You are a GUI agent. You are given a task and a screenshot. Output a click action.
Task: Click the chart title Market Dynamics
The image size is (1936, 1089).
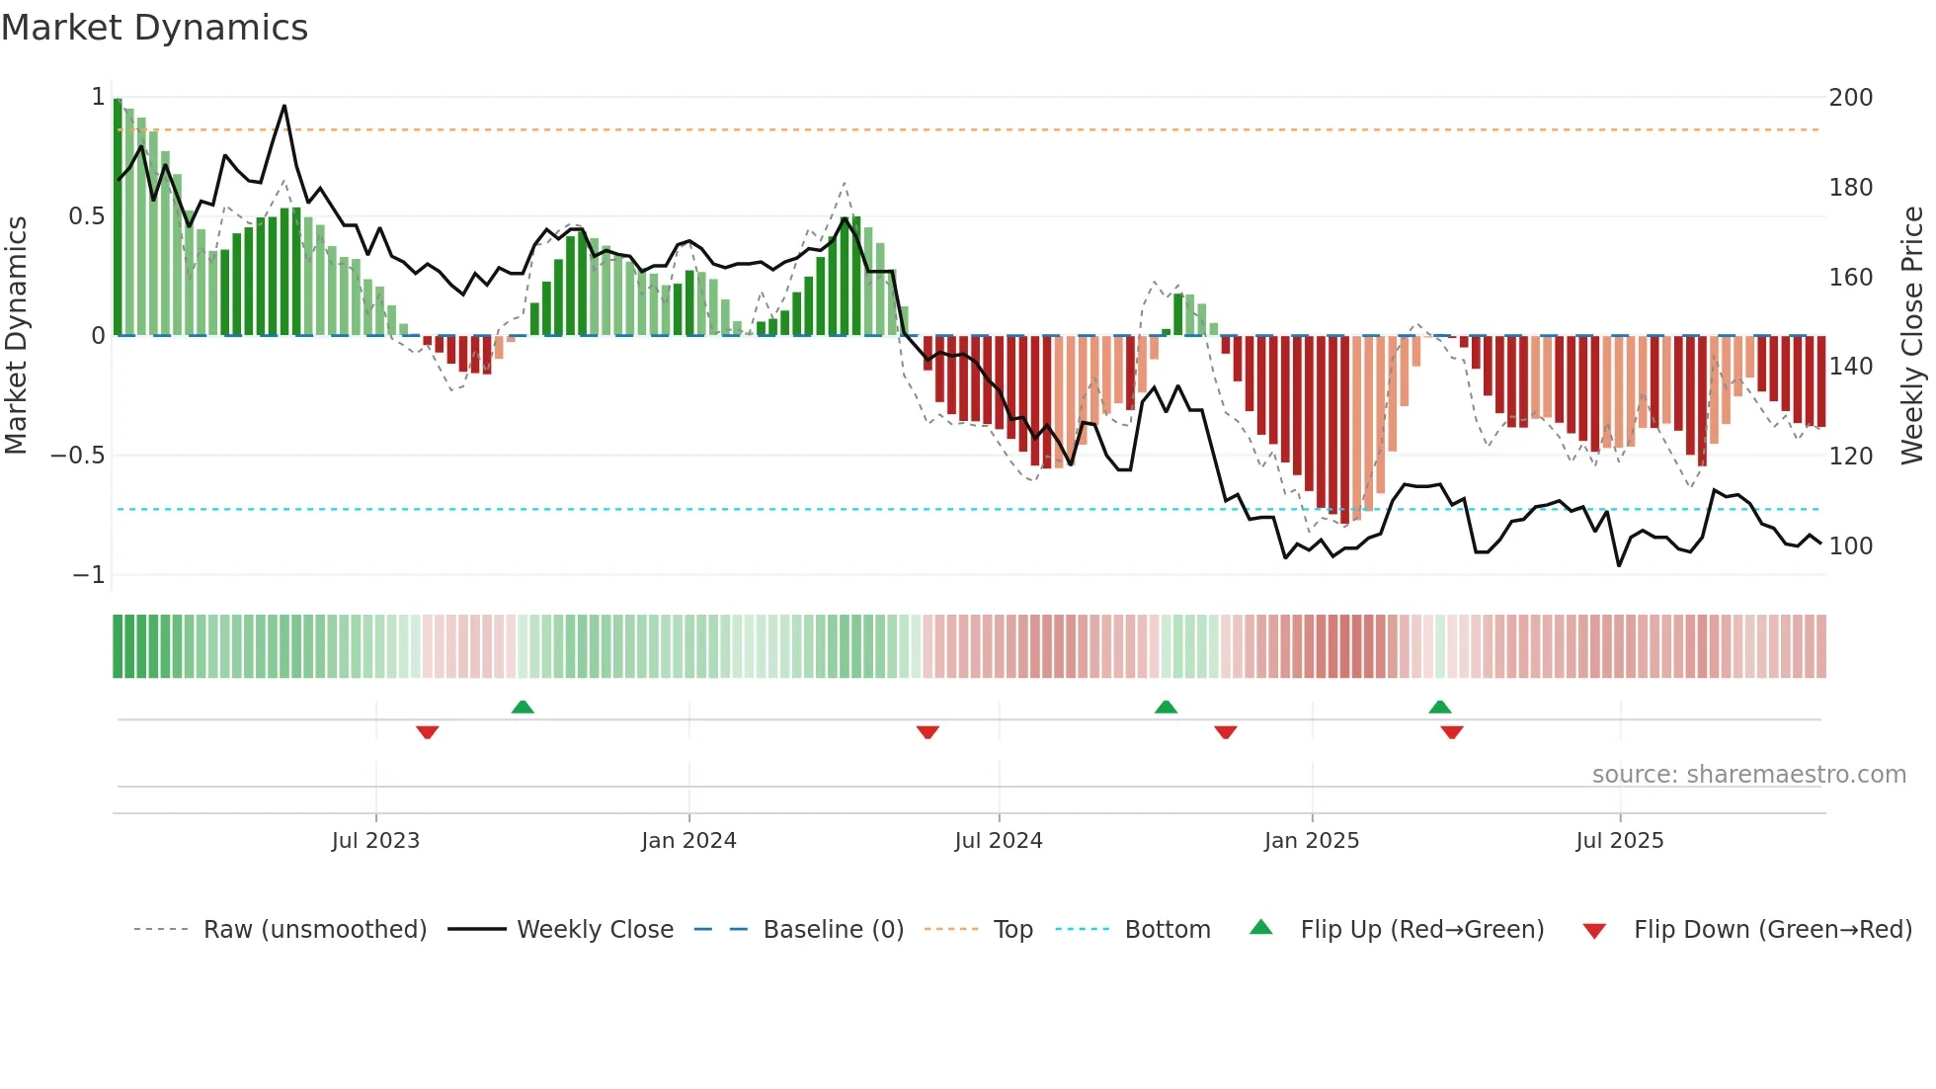[x=155, y=28]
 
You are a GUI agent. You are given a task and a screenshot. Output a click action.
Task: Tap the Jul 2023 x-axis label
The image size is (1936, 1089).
[x=375, y=841]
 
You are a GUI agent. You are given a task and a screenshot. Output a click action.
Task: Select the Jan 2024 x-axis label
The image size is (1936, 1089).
[x=688, y=841]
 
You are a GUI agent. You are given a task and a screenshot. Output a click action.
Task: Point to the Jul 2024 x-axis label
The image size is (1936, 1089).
[x=999, y=841]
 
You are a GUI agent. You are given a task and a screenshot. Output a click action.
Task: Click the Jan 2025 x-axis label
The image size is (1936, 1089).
[x=1312, y=841]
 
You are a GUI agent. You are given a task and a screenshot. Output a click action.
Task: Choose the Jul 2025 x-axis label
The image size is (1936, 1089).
[x=1620, y=841]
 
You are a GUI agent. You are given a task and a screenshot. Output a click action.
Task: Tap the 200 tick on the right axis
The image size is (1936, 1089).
[x=1851, y=98]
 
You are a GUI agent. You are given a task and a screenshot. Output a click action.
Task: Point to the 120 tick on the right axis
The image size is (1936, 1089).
[x=1851, y=457]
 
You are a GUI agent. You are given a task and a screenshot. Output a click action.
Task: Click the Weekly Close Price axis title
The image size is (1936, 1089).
[x=1912, y=336]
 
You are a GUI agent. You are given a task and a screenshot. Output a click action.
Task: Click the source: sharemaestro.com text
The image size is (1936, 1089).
[x=1748, y=775]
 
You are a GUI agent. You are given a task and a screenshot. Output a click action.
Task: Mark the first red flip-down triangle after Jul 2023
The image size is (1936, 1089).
[x=428, y=732]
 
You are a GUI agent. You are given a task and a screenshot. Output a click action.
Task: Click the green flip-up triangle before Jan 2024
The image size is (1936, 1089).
[x=523, y=707]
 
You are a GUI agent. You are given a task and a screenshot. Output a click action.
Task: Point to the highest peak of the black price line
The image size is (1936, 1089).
[x=284, y=106]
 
